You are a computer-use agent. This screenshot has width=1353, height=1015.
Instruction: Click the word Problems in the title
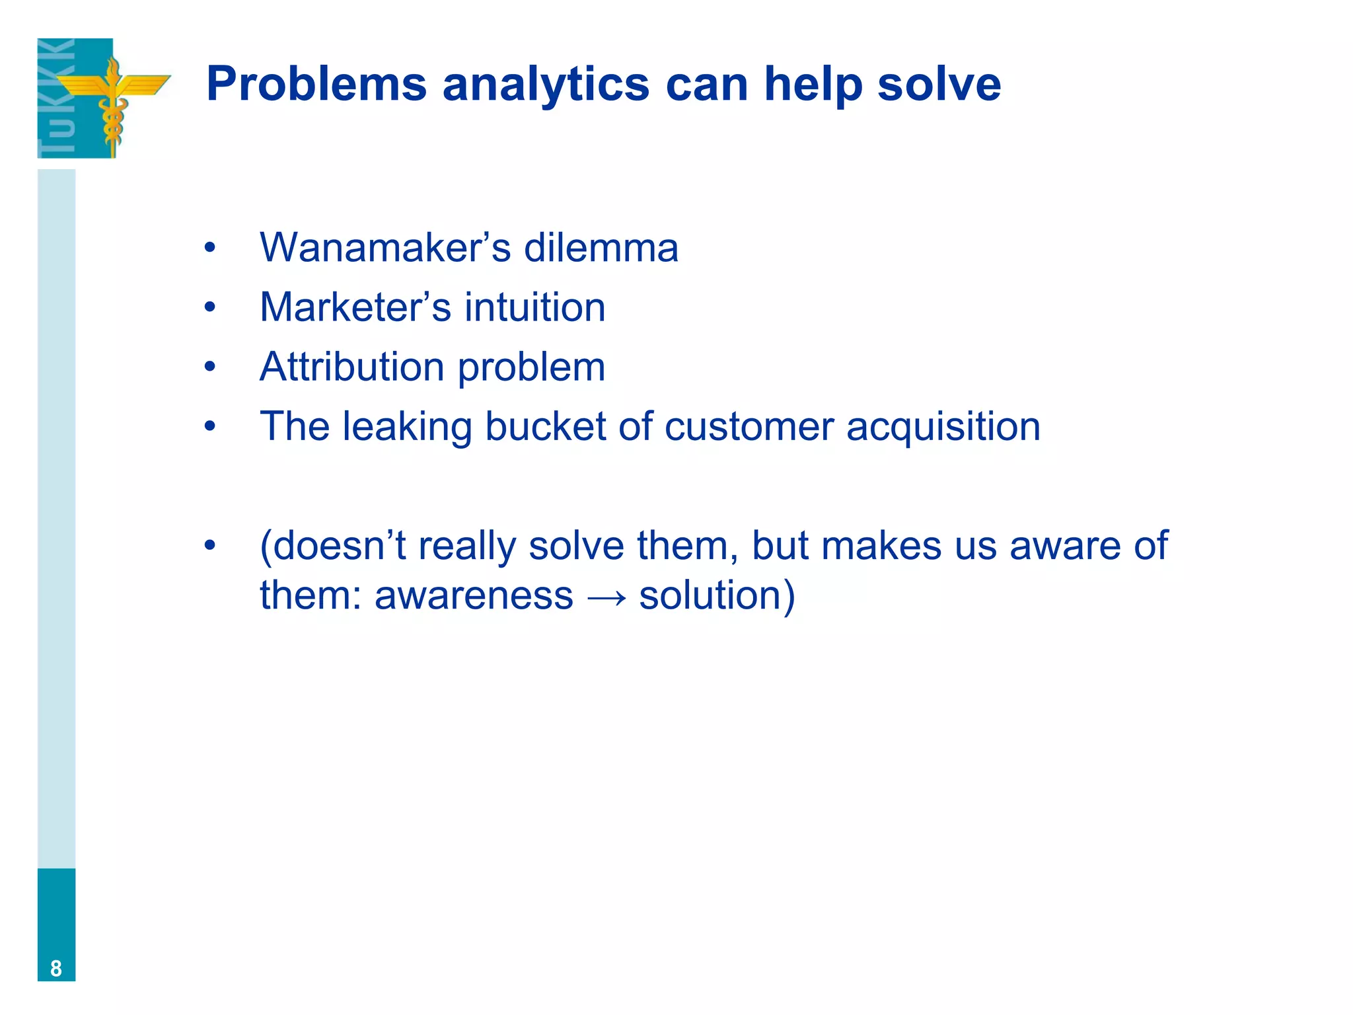tap(316, 85)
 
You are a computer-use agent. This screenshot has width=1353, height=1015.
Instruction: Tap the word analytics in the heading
tap(546, 85)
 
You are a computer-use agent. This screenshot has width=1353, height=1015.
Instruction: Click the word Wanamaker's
tap(385, 248)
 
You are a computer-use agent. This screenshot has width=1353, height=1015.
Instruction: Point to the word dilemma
tap(601, 248)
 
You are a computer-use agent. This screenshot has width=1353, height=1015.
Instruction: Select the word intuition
tap(534, 307)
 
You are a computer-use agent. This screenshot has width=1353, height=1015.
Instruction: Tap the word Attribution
tap(352, 367)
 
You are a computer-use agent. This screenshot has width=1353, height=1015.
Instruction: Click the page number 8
tap(56, 968)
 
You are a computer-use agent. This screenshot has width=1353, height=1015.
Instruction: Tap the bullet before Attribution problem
tap(210, 367)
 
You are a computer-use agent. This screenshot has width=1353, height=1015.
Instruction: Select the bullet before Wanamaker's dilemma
tap(210, 248)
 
